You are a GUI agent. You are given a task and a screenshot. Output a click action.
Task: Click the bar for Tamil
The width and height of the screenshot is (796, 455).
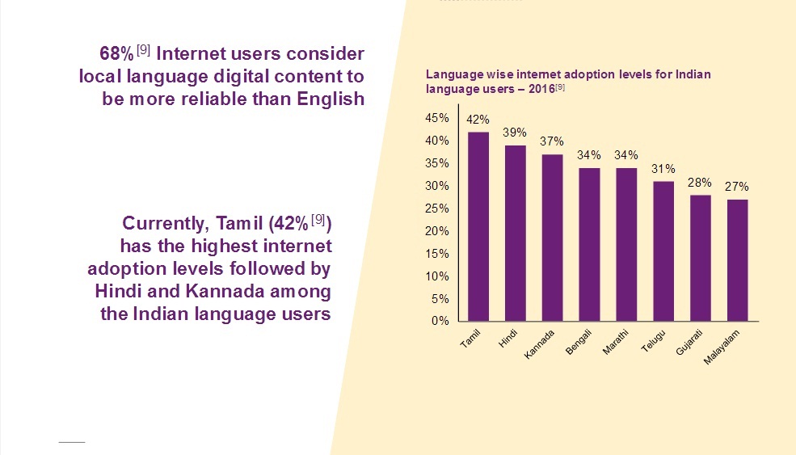478,226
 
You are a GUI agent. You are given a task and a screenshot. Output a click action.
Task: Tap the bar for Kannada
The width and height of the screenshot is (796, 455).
553,238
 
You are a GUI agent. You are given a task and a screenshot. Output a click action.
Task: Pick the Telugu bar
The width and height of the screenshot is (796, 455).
663,251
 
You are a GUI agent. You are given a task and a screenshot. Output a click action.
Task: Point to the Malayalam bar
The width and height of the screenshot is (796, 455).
737,259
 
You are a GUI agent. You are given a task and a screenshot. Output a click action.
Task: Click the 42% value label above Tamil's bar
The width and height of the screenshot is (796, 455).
478,120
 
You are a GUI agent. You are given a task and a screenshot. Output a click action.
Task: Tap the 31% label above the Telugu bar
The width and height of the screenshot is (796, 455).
663,169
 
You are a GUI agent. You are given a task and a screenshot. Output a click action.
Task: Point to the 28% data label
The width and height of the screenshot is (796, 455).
700,183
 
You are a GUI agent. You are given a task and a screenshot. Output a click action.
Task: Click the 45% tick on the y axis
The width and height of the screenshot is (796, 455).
437,118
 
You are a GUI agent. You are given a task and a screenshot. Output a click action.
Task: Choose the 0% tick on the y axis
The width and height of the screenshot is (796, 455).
440,321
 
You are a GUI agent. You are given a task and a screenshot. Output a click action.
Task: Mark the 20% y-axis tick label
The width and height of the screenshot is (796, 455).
437,231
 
